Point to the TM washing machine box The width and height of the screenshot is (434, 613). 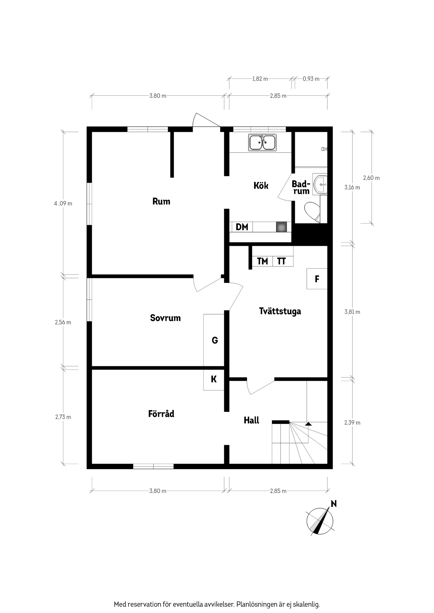[262, 261]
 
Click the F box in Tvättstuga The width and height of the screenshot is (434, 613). [317, 279]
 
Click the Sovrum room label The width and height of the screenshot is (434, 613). [165, 318]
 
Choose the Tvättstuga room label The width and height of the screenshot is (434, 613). [280, 311]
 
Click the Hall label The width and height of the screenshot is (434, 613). [251, 420]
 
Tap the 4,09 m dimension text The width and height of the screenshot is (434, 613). [63, 204]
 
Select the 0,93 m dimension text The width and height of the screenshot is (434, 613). [311, 79]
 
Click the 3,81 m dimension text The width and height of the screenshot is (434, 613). [352, 312]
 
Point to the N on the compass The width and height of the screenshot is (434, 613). [333, 504]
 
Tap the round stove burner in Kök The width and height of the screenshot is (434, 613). [281, 228]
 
